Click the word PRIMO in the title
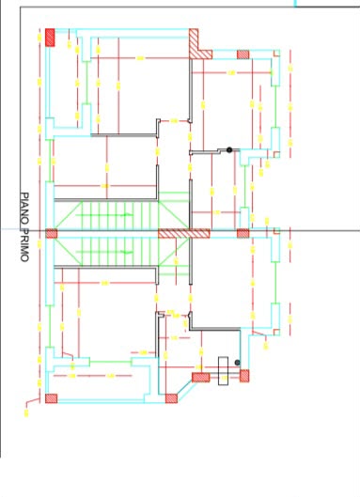[24, 243]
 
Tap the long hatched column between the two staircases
[184, 234]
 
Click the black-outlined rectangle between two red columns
[224, 371]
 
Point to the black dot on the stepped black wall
[229, 150]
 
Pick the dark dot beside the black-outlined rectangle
[237, 363]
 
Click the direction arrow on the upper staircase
[128, 215]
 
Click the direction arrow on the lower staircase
[128, 253]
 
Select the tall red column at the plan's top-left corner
[50, 38]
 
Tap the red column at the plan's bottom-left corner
[52, 398]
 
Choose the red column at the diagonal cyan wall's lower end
[171, 398]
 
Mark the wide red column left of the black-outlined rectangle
[201, 377]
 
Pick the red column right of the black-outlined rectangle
[244, 376]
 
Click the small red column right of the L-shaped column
[243, 54]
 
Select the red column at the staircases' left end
[52, 234]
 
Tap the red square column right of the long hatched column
[243, 233]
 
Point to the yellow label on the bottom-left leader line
[26, 412]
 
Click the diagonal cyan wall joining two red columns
[185, 389]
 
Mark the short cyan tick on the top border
[295, 4]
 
